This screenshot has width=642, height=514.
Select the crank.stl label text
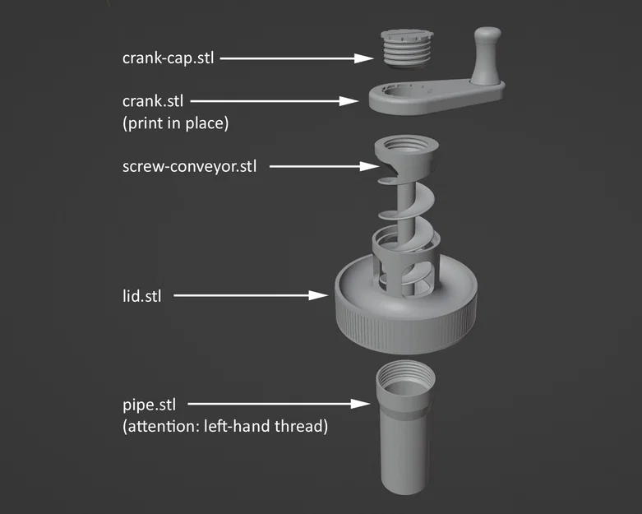pos(153,101)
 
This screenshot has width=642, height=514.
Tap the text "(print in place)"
pos(174,124)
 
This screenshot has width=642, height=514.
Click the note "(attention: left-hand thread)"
pos(224,427)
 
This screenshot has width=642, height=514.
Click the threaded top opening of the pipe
pos(404,379)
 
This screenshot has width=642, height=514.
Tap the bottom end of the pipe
pos(404,485)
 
